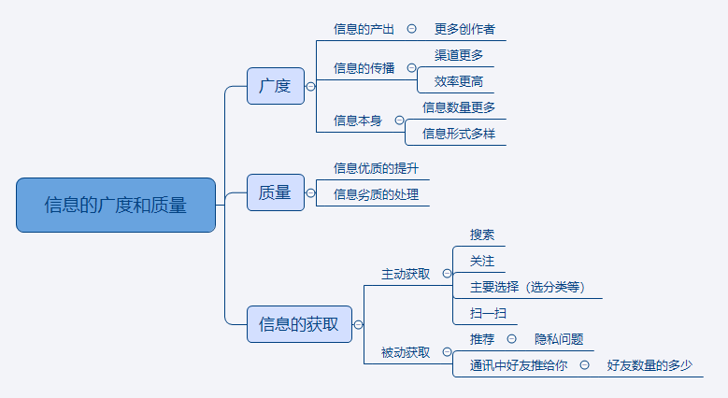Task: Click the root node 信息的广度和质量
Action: [116, 205]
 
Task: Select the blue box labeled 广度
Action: [275, 86]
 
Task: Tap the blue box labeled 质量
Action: [275, 193]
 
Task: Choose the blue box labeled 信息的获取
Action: [299, 324]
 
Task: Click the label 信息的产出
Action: [364, 29]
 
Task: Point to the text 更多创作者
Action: [465, 29]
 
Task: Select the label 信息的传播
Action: [364, 68]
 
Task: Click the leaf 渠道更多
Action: [459, 55]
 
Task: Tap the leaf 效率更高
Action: [459, 81]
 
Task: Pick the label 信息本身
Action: [358, 121]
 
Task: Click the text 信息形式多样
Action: [459, 134]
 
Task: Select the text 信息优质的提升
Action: [376, 168]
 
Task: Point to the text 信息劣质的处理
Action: [376, 194]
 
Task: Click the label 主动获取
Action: [406, 274]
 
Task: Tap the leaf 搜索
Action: [482, 235]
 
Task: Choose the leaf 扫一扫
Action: [488, 313]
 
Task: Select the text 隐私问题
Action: [559, 339]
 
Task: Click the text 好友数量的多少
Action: [649, 365]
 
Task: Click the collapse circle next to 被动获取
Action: [447, 352]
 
